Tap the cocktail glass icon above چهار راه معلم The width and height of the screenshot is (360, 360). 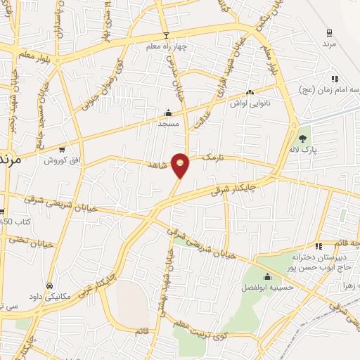coord(166,36)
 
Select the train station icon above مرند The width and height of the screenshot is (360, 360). coord(329,32)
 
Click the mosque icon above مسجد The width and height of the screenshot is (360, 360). coord(167,112)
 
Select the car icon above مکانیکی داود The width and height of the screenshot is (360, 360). coord(49,286)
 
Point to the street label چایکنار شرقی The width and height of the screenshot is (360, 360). coord(239,188)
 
